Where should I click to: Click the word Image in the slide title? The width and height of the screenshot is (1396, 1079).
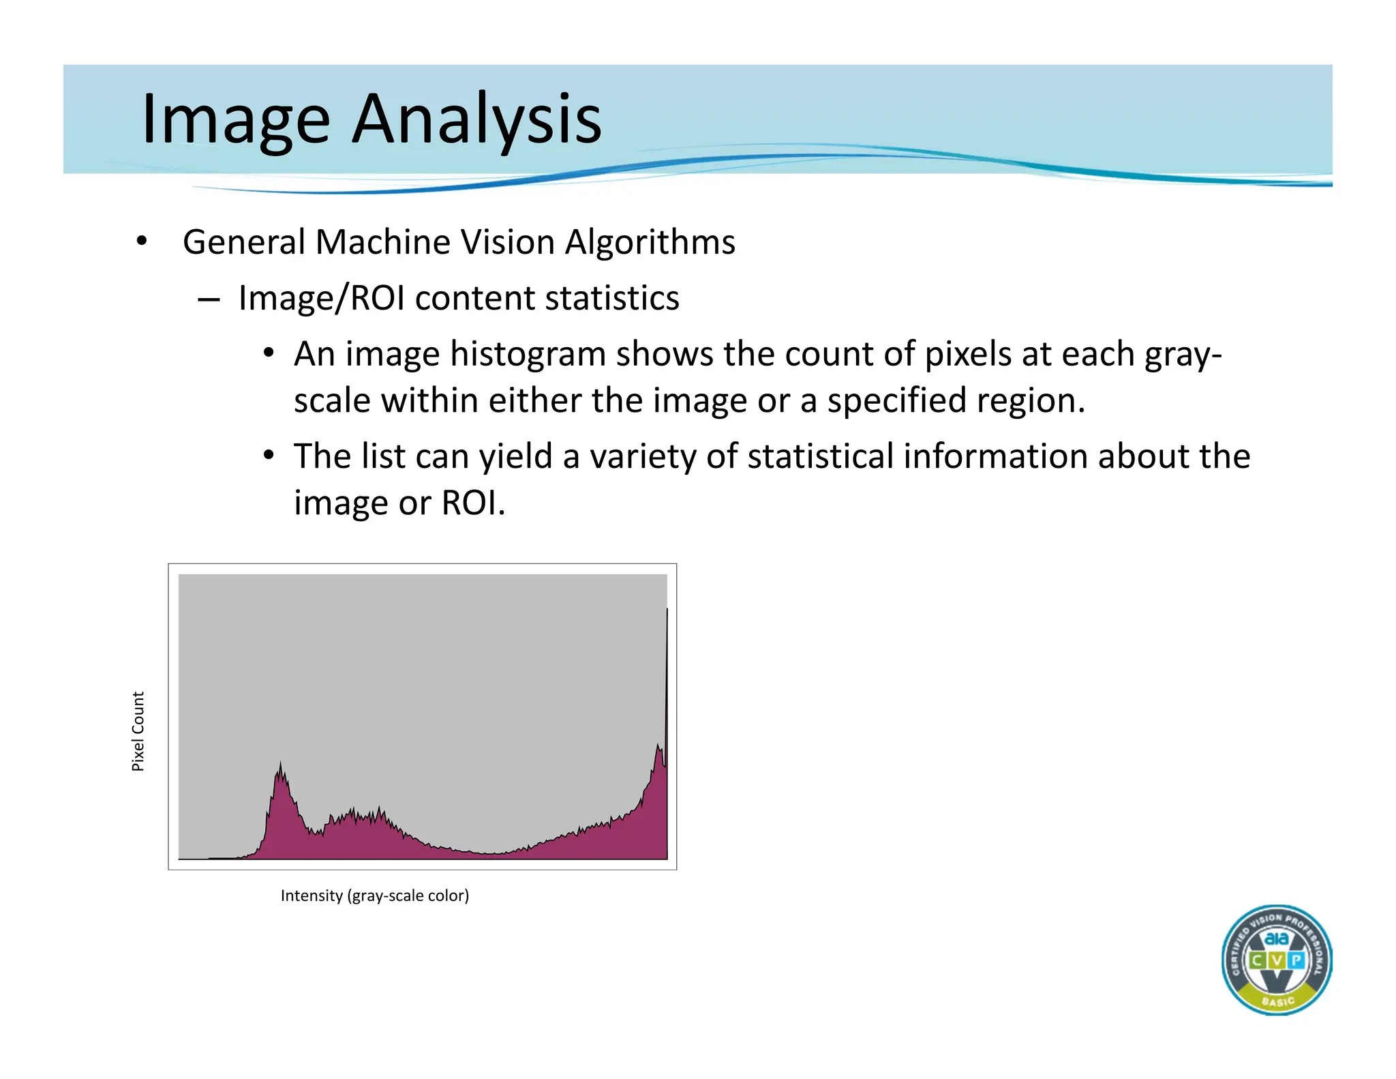point(236,119)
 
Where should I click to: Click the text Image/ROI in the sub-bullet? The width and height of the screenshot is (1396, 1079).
point(322,299)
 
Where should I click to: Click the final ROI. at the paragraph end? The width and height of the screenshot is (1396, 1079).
point(473,503)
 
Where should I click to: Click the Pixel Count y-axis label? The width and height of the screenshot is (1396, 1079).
point(138,731)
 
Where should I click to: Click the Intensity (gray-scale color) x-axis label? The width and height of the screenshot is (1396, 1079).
point(374,896)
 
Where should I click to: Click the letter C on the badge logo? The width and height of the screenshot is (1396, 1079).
point(1256,960)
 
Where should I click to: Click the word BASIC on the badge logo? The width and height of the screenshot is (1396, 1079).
point(1277,1001)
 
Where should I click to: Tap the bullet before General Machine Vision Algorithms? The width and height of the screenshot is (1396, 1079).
point(141,241)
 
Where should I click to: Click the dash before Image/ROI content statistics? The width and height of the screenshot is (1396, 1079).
point(209,299)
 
